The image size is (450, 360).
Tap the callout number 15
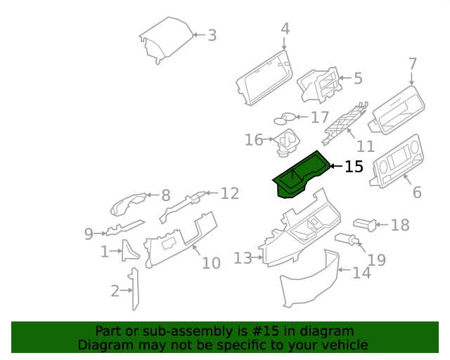(354, 167)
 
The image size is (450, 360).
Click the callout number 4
(285, 29)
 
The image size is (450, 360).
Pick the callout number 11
(365, 146)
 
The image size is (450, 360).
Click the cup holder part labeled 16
(285, 141)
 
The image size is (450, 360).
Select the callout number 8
(166, 195)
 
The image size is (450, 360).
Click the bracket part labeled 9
(123, 228)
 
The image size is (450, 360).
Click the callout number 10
(211, 263)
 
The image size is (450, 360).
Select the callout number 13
(242, 259)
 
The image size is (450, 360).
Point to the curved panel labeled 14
(309, 281)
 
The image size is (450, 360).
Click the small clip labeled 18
(364, 224)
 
